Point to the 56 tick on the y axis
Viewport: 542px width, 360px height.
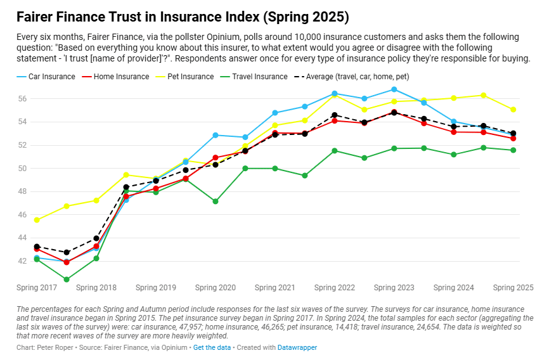[22, 99]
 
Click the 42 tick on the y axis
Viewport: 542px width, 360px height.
[22, 261]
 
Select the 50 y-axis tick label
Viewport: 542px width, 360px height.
[22, 169]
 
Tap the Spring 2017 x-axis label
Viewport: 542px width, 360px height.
[37, 288]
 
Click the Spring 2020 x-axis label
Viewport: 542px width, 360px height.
[216, 288]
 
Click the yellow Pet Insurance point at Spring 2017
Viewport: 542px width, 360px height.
[37, 220]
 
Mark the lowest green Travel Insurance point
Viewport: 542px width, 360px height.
[67, 279]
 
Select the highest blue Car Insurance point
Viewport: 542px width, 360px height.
[394, 89]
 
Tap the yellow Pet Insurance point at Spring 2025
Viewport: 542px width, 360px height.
[513, 110]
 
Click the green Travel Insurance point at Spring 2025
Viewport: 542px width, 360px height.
[513, 150]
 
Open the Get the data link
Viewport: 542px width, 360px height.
[211, 348]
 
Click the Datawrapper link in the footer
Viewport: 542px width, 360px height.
[297, 348]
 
